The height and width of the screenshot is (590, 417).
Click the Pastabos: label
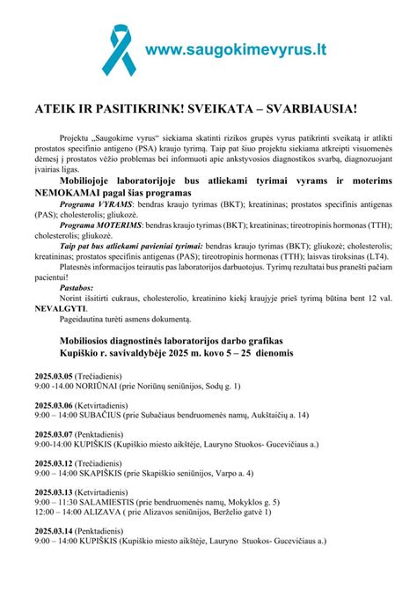[77, 285]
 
